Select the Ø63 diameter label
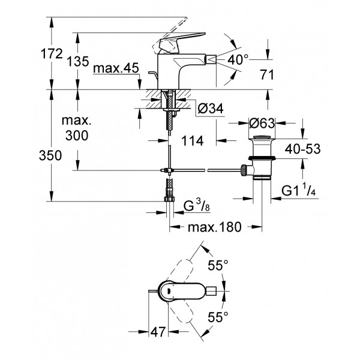coord(263,124)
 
